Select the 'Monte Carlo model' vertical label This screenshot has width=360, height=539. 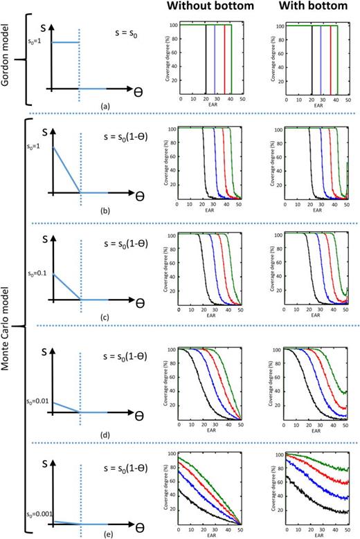coord(6,325)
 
